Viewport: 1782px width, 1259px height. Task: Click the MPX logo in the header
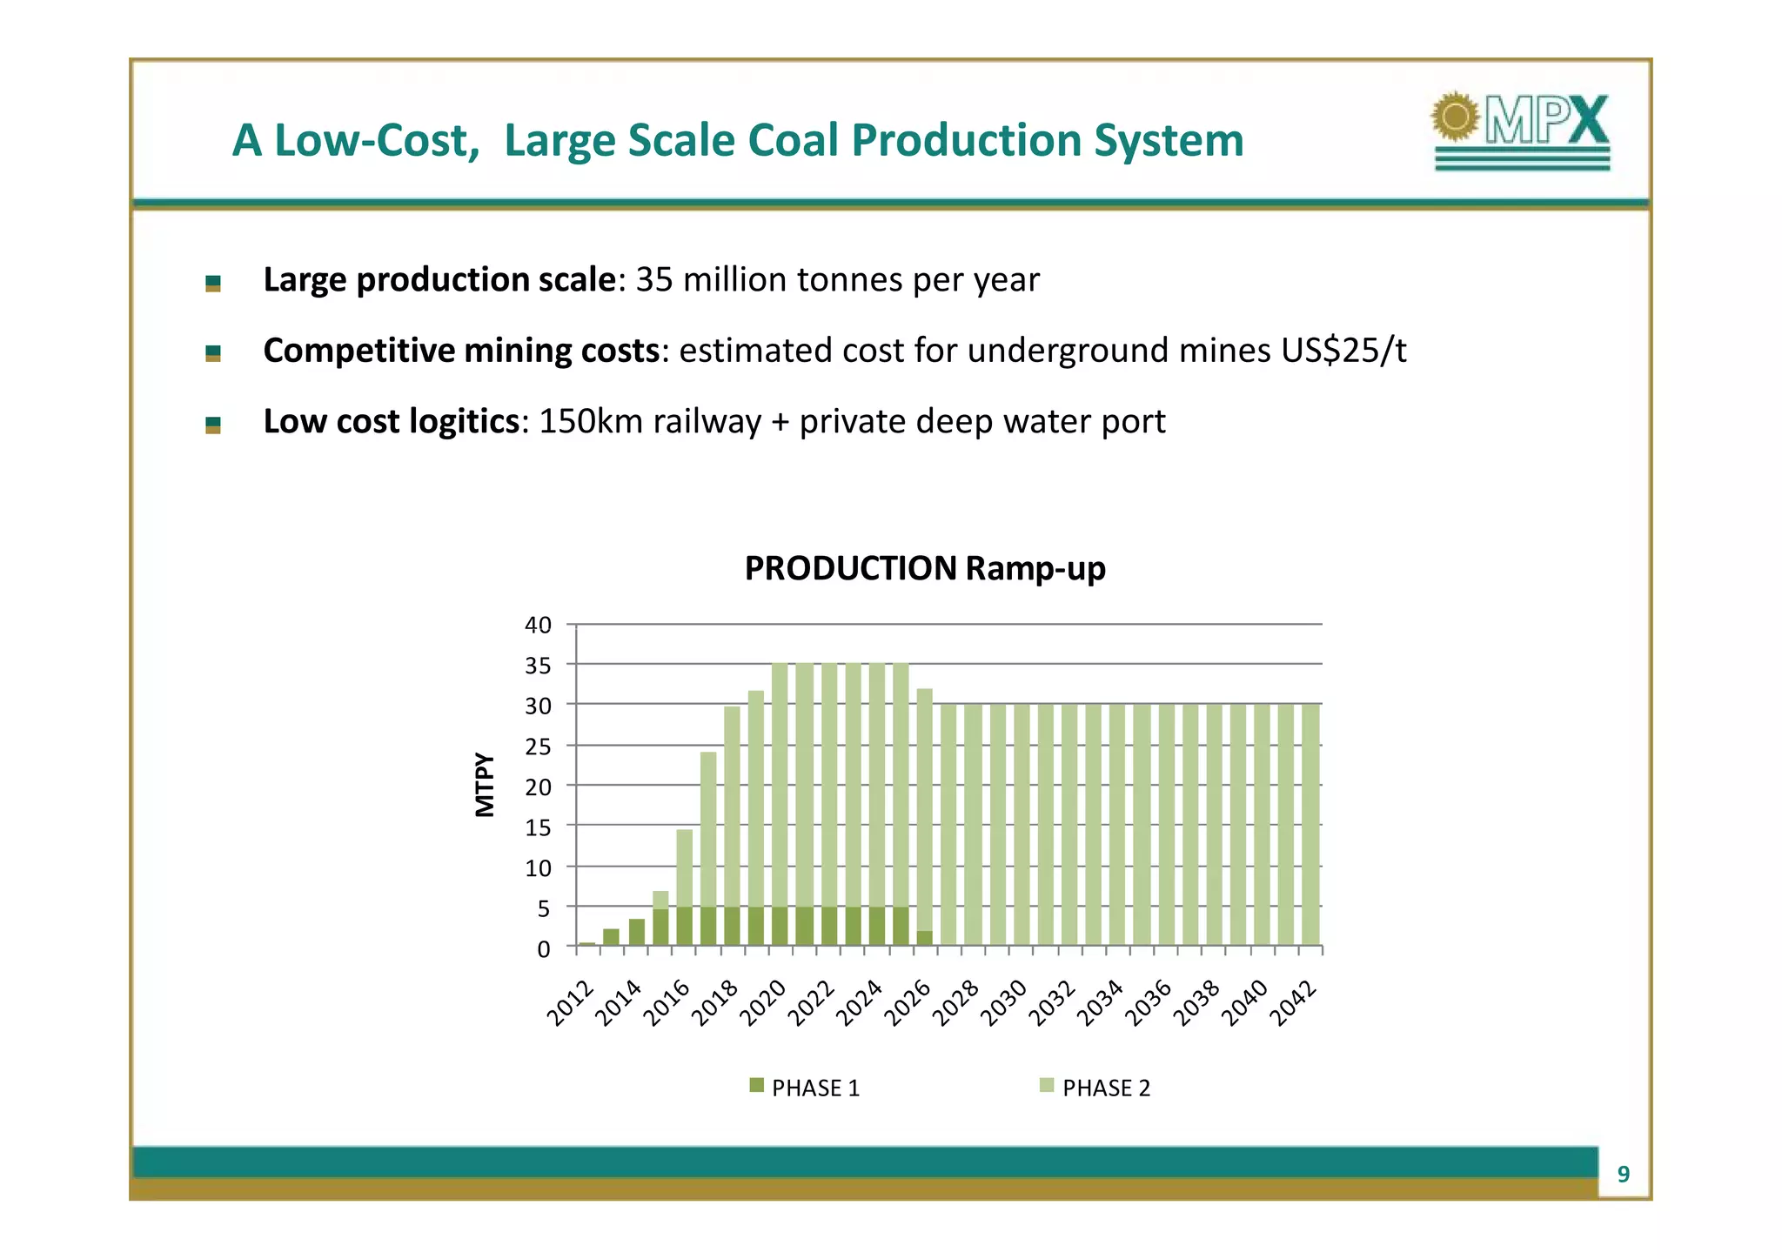tap(1521, 131)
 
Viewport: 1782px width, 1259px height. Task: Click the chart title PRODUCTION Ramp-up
tap(924, 568)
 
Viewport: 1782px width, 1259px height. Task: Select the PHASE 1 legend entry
tap(805, 1088)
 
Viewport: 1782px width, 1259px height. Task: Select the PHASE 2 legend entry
tap(1095, 1088)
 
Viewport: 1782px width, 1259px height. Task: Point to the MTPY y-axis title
tap(485, 785)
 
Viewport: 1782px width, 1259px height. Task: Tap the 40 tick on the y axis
tap(538, 625)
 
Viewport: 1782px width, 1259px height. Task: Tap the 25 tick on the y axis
tap(538, 747)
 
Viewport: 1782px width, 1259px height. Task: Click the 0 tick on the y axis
tap(544, 949)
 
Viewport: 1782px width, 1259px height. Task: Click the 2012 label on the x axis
tap(570, 1003)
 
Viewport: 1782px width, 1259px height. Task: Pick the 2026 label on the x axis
tap(908, 1003)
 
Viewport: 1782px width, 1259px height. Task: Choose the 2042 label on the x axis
tap(1294, 1003)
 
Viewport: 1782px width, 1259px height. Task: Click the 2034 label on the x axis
tap(1101, 1003)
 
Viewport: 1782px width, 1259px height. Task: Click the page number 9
tap(1623, 1175)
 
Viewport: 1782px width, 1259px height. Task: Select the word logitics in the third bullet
tap(464, 422)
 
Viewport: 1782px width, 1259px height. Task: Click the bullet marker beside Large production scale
tap(213, 283)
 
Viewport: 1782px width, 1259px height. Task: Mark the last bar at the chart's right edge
tap(1310, 824)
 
